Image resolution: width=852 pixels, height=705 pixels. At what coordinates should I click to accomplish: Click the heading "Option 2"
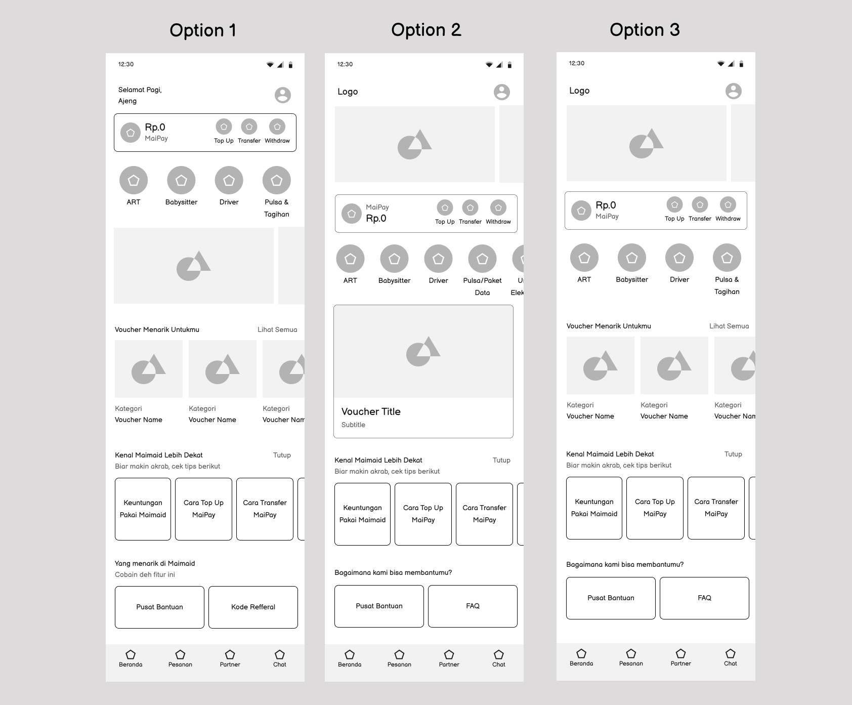pos(426,30)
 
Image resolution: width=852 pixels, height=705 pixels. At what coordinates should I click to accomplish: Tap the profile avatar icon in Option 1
pos(283,95)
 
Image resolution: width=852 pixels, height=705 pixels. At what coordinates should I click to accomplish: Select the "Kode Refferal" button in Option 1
pos(253,607)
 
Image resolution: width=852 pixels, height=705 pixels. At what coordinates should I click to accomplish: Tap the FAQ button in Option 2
pos(473,606)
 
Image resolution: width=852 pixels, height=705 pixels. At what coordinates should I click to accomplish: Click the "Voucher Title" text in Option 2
pos(371,411)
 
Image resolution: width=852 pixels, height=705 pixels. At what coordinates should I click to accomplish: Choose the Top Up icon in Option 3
pos(674,204)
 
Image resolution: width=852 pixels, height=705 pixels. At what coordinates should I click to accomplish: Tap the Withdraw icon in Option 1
pos(277,127)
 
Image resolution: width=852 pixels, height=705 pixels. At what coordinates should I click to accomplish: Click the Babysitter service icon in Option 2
pos(394,259)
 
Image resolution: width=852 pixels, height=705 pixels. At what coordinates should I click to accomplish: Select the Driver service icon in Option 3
pos(679,258)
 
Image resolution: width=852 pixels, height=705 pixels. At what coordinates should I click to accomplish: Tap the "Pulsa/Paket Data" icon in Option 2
pos(482,259)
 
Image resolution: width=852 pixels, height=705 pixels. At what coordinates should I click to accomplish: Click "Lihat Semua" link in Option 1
pos(277,329)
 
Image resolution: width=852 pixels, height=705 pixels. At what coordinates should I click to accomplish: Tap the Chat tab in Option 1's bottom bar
pos(280,658)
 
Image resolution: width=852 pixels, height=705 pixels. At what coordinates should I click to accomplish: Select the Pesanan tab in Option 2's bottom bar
pos(399,658)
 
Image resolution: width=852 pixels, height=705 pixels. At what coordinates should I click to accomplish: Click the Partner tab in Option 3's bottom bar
pos(680,657)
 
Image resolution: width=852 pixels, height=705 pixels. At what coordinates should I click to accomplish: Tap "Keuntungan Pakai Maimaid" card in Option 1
pos(143,509)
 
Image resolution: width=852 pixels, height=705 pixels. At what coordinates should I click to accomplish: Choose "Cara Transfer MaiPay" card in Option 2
pos(484,514)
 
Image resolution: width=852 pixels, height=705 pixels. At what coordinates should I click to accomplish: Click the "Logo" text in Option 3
pos(579,91)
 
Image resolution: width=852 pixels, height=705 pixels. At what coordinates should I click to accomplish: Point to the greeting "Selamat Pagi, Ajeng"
pos(140,95)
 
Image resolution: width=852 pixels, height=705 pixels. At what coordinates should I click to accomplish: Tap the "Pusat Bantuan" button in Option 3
pos(611,598)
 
